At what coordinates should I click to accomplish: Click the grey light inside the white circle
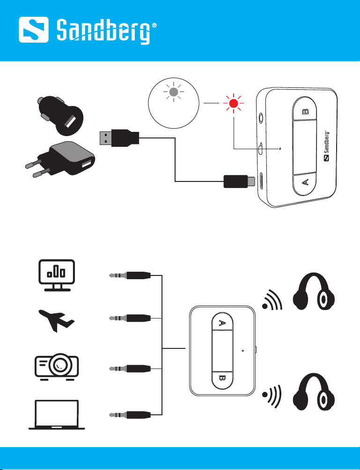click(174, 93)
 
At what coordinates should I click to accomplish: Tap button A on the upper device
click(306, 183)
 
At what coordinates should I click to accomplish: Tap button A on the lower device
click(222, 323)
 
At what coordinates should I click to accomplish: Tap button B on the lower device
click(222, 378)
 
